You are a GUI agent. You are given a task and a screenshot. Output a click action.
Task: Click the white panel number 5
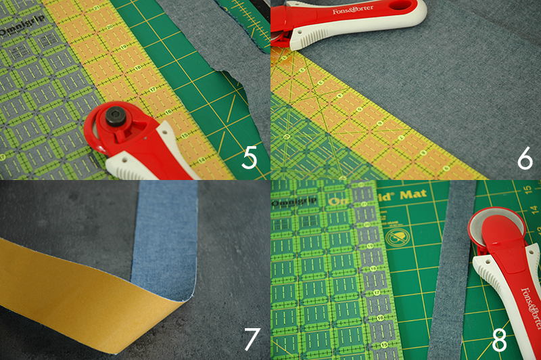pyautogui.click(x=250, y=159)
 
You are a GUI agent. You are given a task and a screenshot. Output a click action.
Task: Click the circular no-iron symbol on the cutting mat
pyautogui.click(x=398, y=236)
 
